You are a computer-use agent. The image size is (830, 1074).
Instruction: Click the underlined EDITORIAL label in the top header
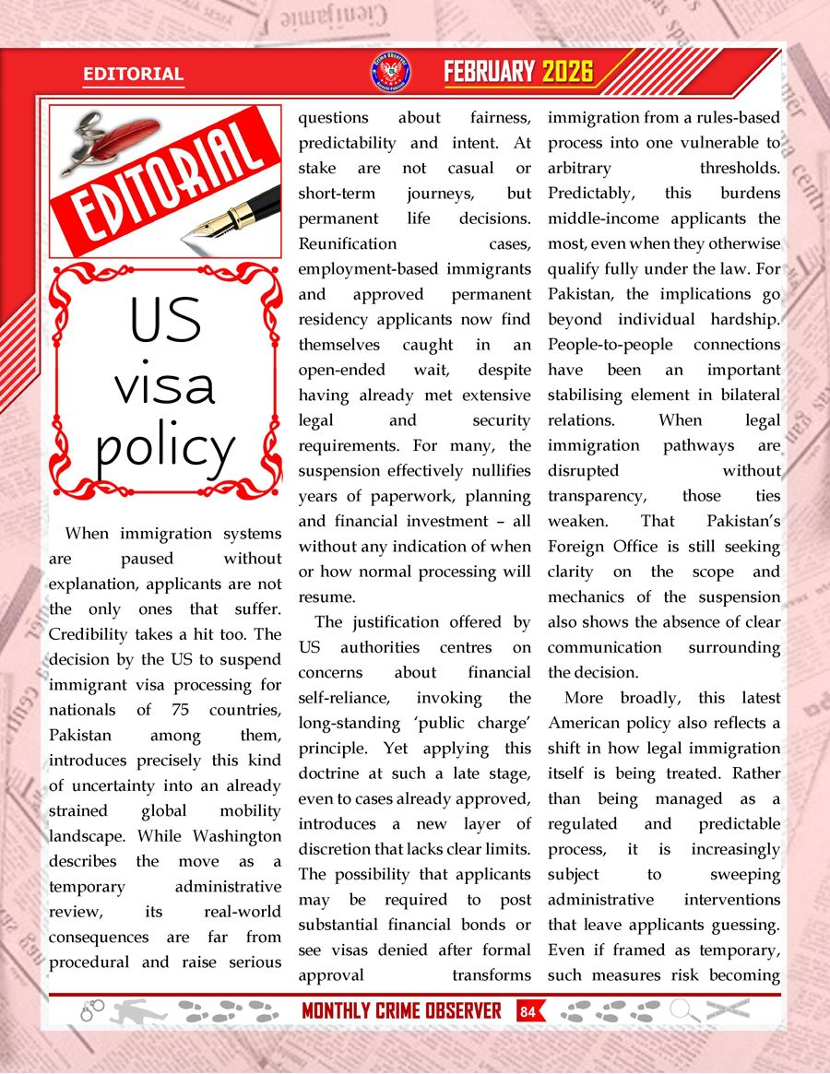[x=133, y=74]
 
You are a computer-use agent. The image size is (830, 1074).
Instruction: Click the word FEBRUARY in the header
[x=490, y=72]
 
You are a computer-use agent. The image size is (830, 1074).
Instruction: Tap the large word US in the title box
[x=166, y=318]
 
